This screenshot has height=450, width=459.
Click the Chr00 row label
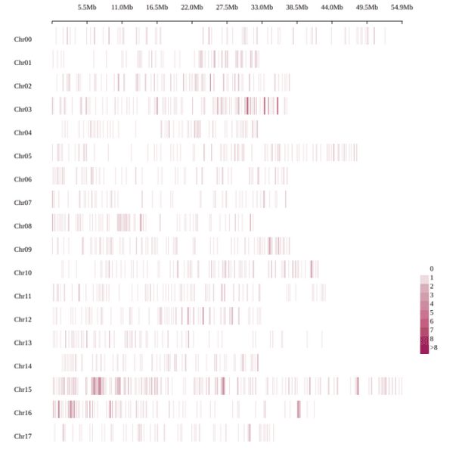23,39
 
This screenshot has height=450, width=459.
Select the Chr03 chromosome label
23,110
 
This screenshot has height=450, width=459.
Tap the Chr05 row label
23,157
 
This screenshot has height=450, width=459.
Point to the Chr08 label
23,226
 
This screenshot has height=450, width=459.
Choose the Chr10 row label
23,273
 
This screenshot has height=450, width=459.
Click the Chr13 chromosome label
23,343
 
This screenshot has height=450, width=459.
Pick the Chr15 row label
23,390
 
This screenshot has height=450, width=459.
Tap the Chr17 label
23,436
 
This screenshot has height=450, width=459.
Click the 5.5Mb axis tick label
87,8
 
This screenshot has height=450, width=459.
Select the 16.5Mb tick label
157,8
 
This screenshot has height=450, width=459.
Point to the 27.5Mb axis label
227,8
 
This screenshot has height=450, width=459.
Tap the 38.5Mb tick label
296,8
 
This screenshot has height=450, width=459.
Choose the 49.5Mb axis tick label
367,8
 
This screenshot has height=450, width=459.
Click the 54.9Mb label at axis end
402,8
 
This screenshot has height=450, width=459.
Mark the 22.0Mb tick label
192,8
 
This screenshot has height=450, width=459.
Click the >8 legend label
434,348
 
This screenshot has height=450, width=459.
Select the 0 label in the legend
432,269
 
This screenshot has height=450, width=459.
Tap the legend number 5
432,313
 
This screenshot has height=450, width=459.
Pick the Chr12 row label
23,320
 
